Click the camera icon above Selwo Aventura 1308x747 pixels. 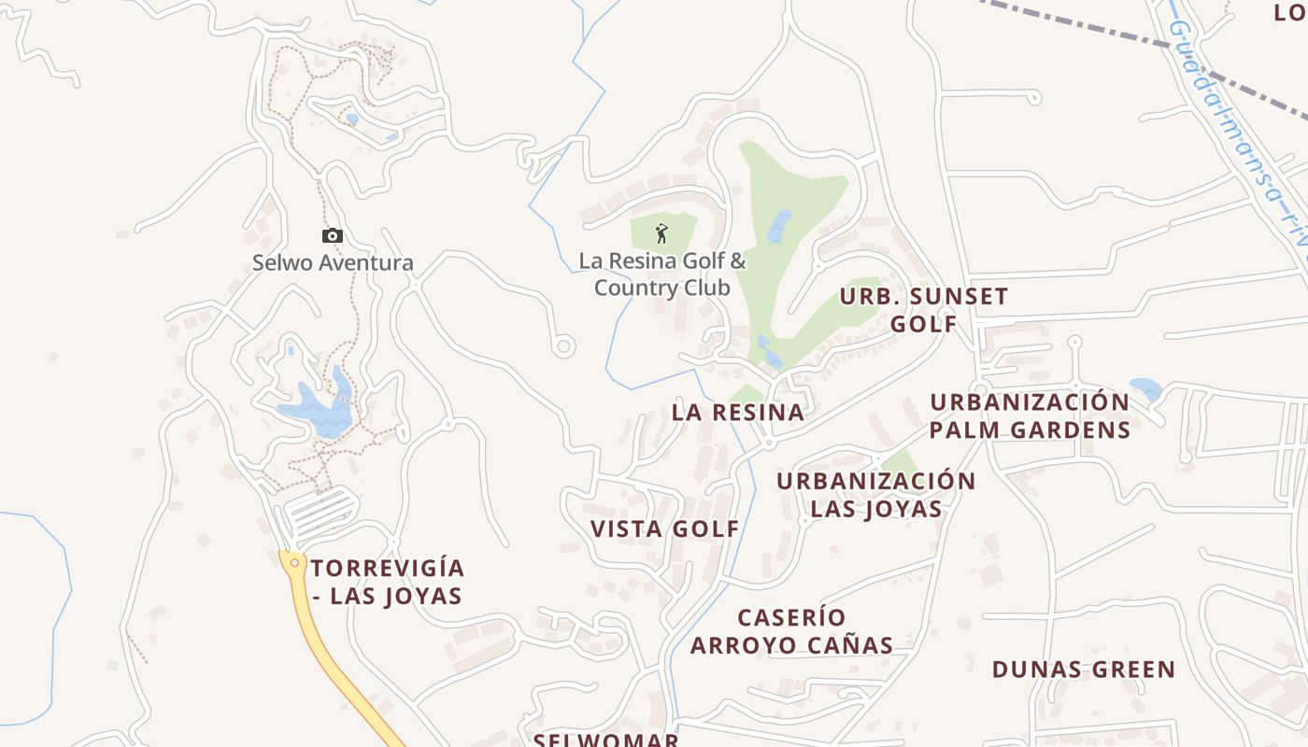332,236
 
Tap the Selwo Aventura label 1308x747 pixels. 333,262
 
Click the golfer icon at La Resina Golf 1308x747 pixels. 661,233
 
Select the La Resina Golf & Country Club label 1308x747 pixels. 661,274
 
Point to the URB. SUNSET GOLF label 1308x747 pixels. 923,310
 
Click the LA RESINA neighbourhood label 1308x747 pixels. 738,412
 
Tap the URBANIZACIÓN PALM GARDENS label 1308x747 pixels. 1030,416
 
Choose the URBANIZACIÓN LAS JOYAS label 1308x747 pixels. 875,495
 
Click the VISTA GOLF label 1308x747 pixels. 664,529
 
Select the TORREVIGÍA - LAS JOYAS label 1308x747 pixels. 387,582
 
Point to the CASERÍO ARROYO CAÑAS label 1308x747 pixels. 791,631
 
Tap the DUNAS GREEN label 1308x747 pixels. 1083,669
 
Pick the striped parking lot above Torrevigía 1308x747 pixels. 320,513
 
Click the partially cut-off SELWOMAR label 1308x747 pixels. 605,740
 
